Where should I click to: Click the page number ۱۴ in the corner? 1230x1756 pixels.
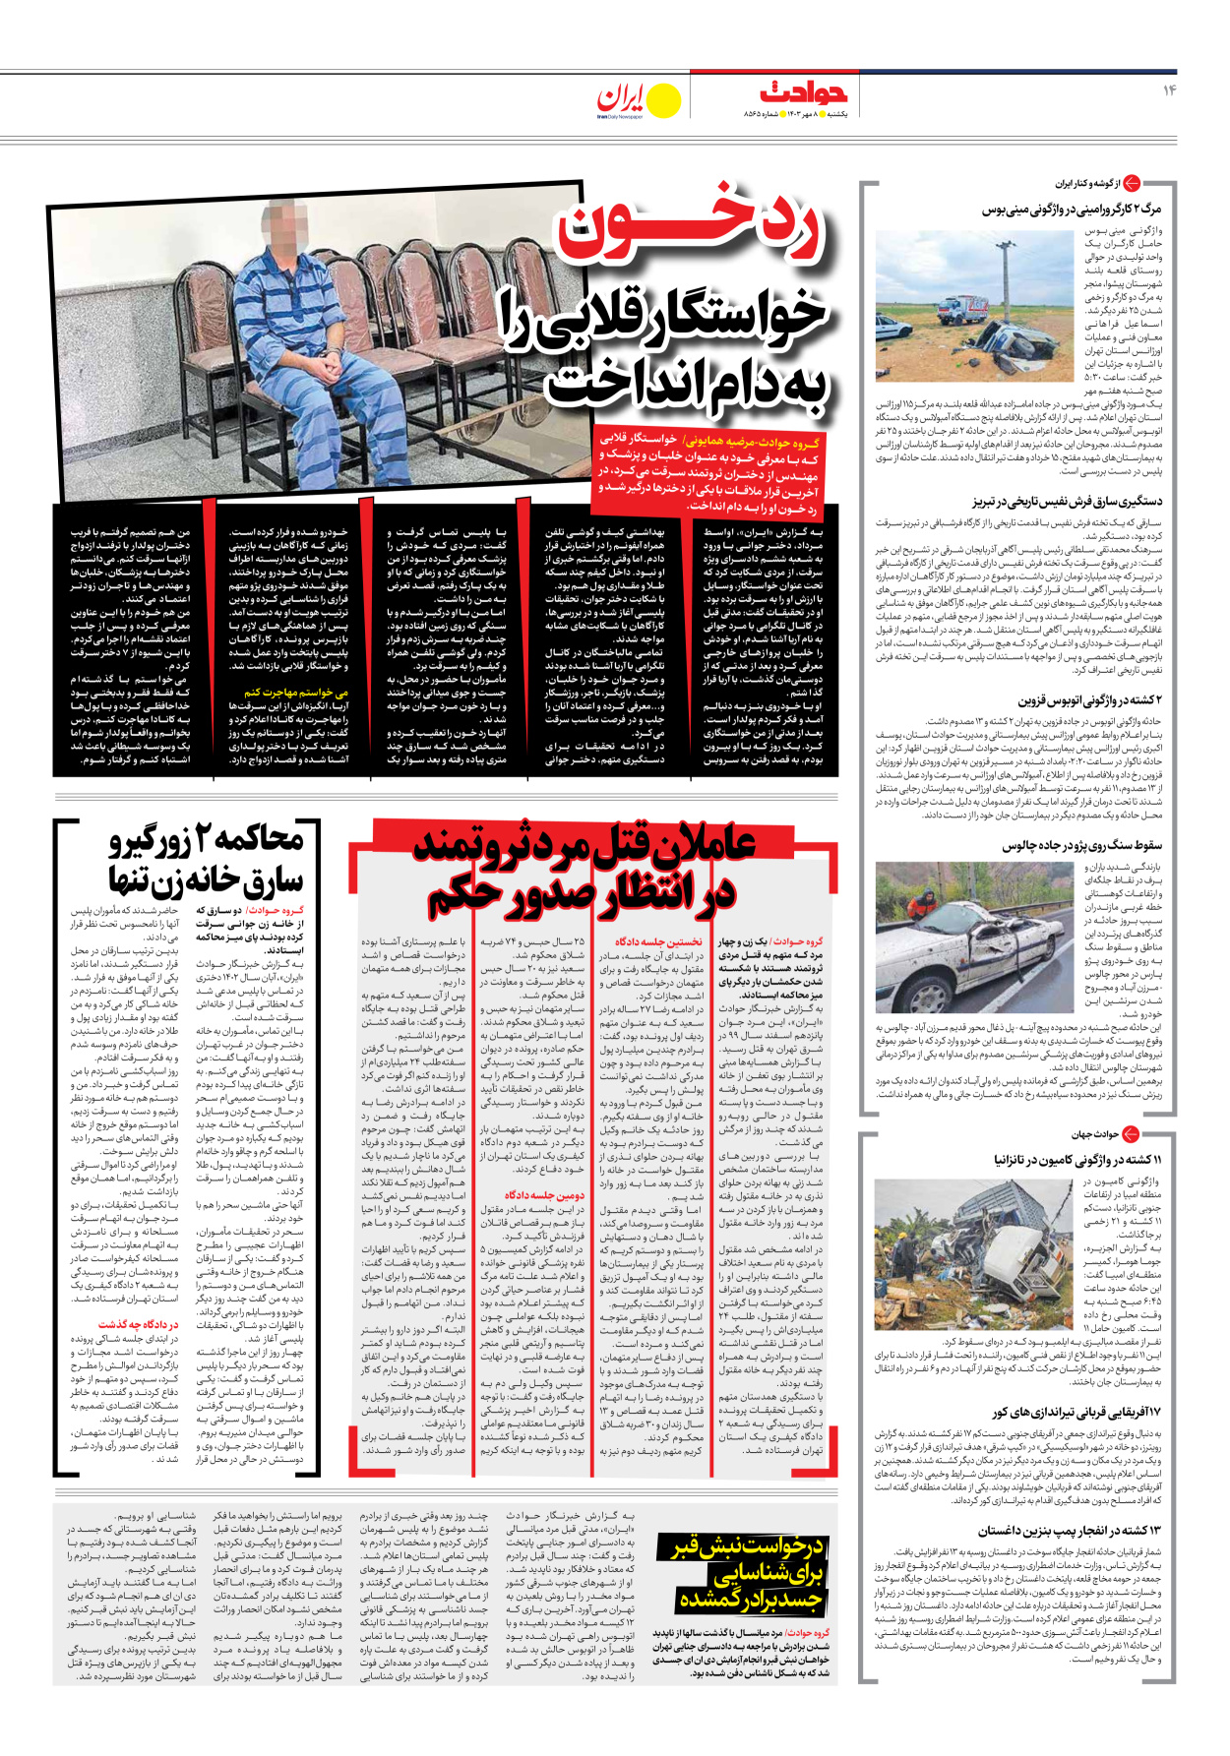[1169, 91]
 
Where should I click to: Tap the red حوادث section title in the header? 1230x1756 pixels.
[804, 93]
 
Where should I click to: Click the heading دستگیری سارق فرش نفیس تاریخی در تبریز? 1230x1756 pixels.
[1067, 502]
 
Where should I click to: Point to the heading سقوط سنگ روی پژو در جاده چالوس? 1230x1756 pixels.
[1081, 845]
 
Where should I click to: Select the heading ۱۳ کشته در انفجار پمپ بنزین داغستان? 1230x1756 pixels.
[1070, 1531]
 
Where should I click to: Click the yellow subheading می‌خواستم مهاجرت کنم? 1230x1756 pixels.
[295, 693]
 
